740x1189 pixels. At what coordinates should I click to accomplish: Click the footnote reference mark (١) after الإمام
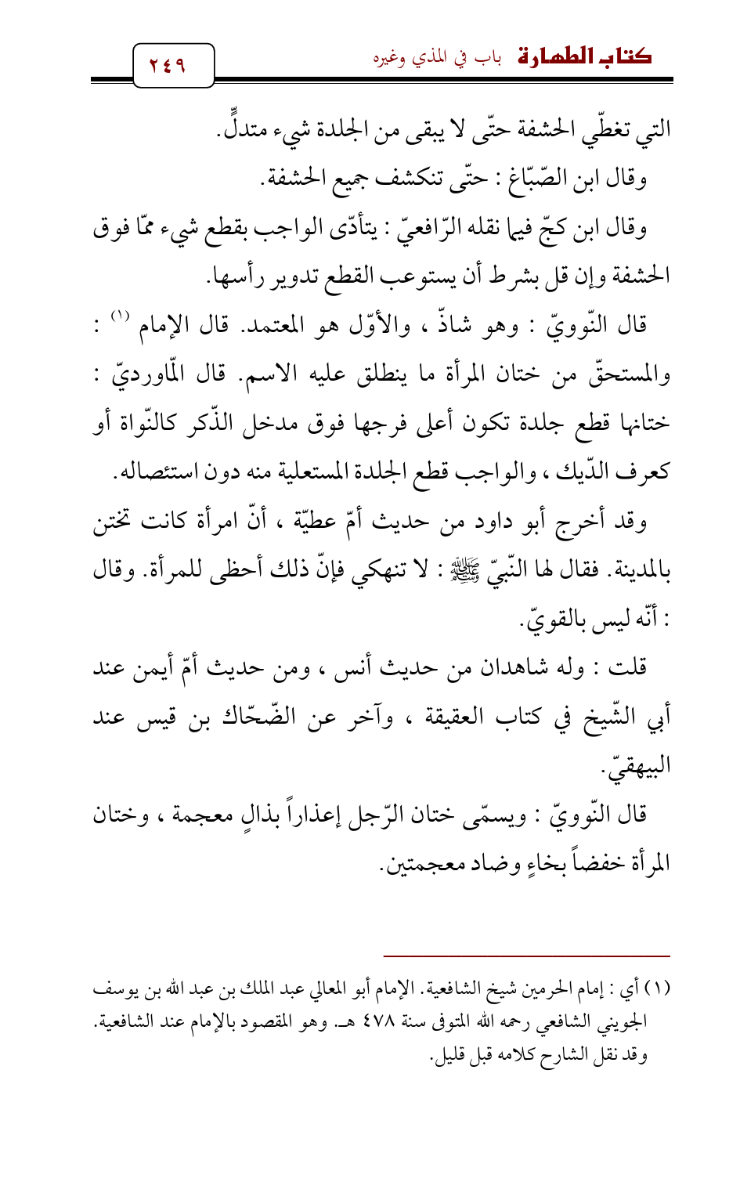coord(119,318)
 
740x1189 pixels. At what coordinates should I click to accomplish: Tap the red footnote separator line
coord(527,956)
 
